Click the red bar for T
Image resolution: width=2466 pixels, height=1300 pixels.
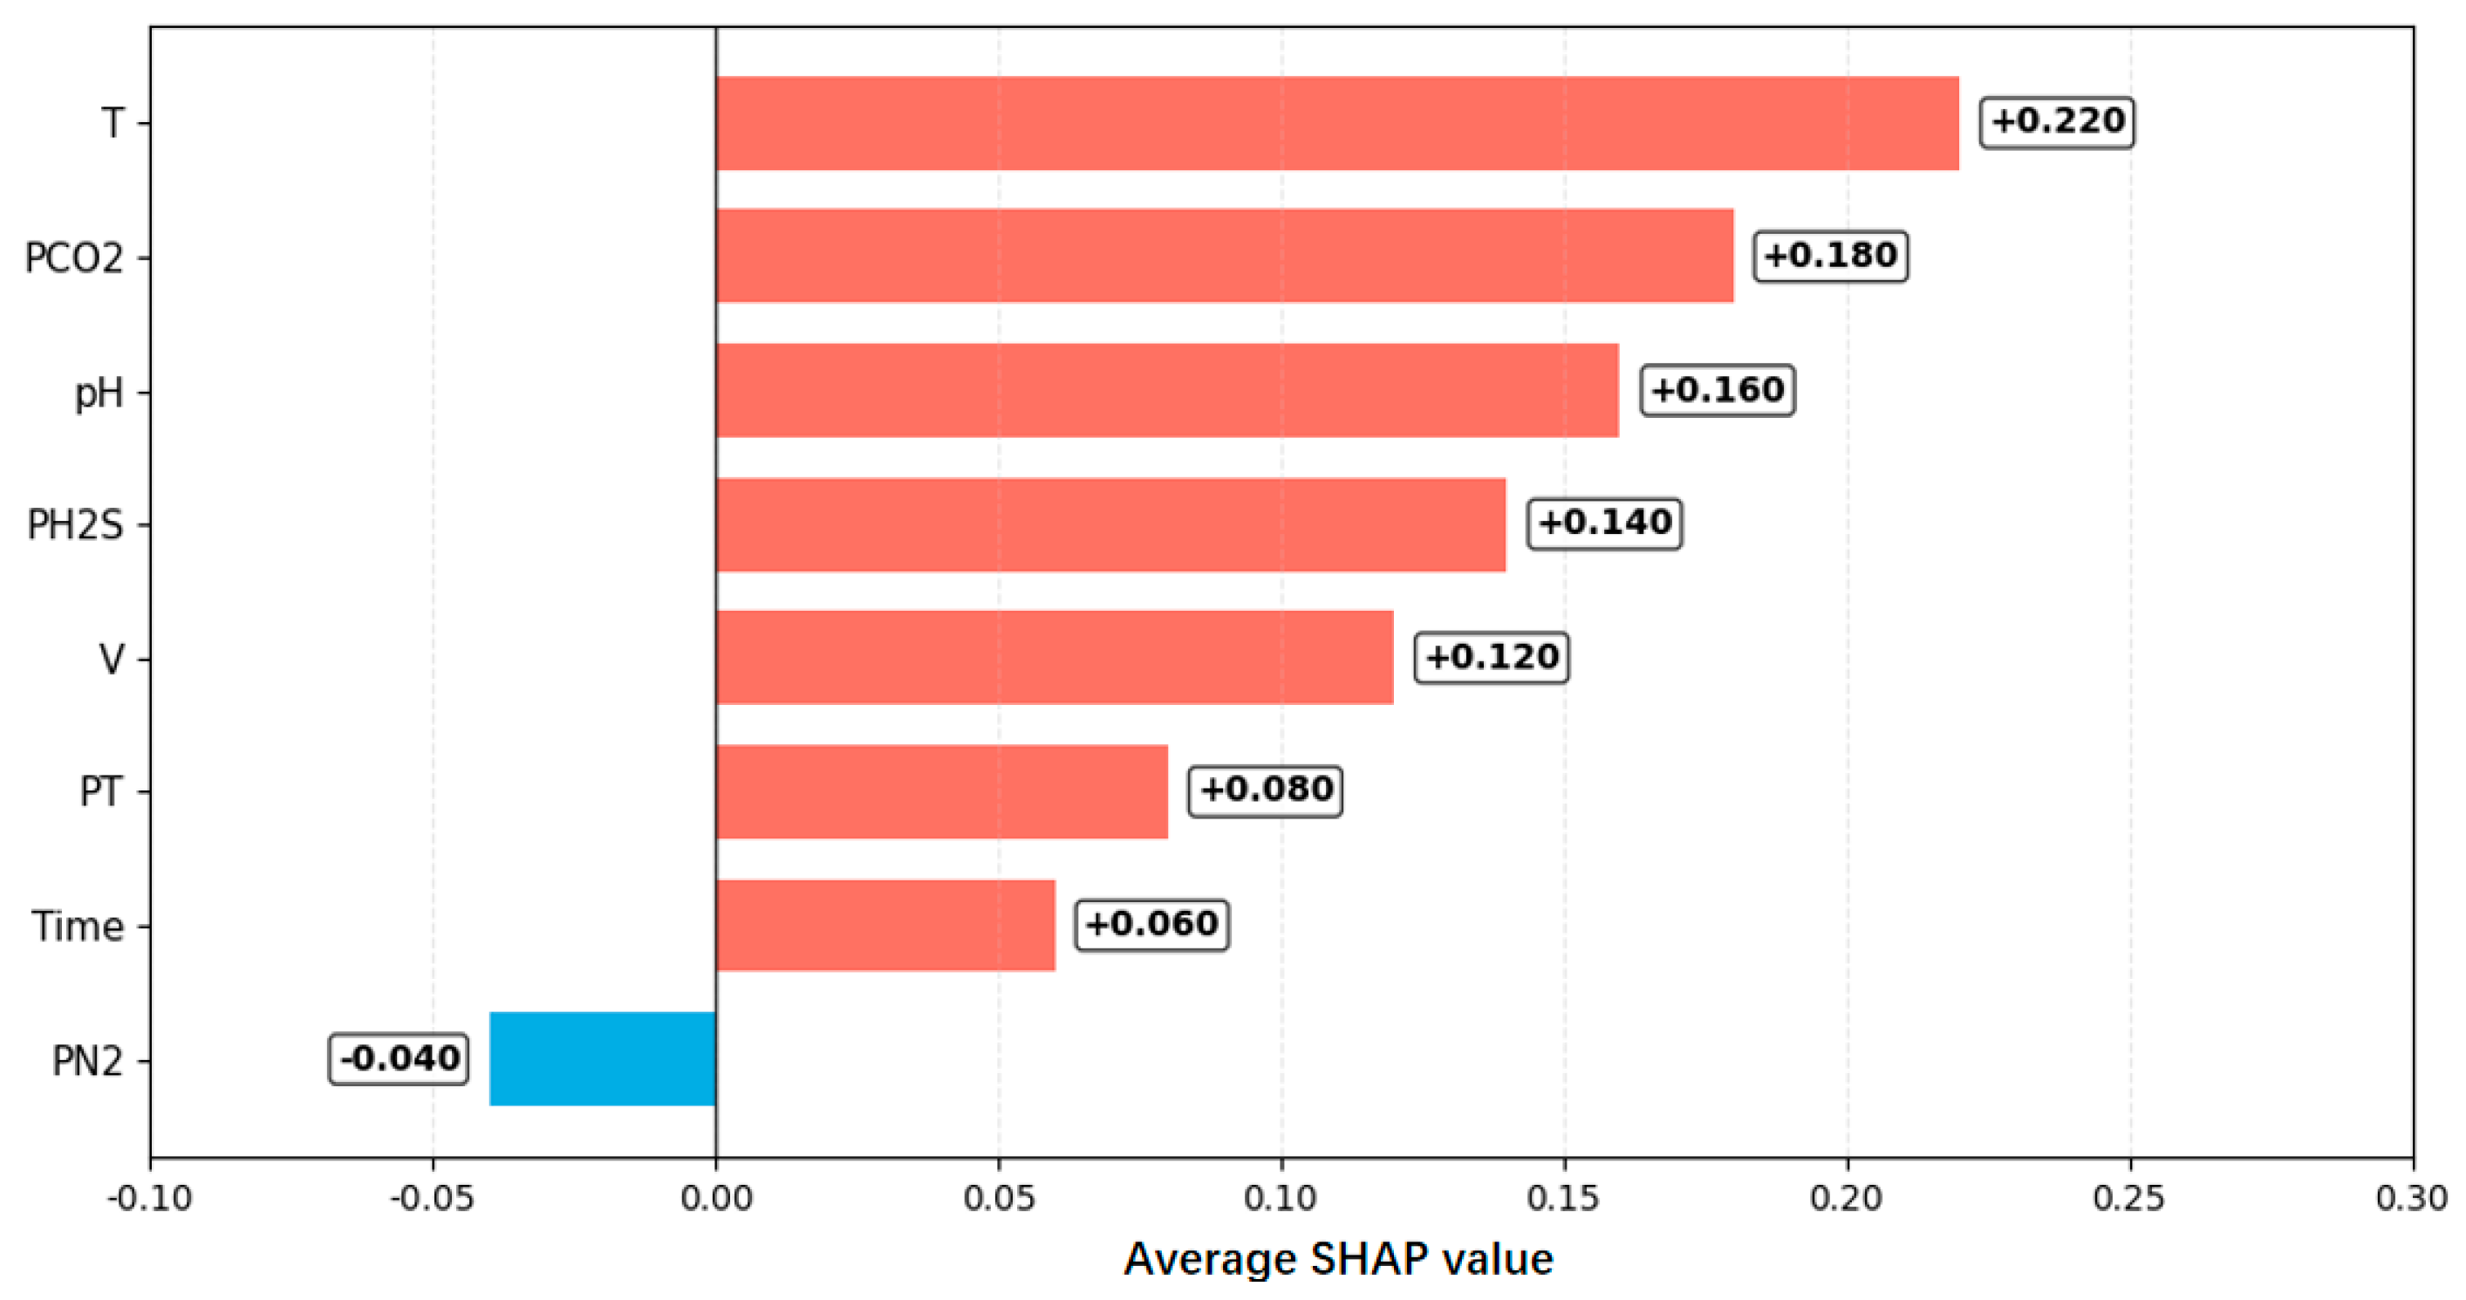click(x=1337, y=124)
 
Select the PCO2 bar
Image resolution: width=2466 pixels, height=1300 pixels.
click(x=1225, y=256)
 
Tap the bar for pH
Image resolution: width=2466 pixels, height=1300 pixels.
click(x=1167, y=391)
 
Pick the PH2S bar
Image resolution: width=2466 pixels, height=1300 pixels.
click(x=1110, y=524)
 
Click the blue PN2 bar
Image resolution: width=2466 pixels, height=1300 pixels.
click(x=602, y=1059)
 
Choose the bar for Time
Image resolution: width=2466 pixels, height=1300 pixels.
click(x=885, y=925)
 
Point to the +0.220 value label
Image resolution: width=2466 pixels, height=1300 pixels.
click(x=2057, y=121)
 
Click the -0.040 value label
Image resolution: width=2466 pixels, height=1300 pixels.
click(x=400, y=1059)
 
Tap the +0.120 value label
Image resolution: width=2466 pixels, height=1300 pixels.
click(x=1492, y=657)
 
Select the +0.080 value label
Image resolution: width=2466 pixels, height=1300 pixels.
click(x=1266, y=790)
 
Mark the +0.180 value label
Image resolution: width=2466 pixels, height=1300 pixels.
click(x=1830, y=256)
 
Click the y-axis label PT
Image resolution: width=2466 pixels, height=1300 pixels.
click(x=101, y=791)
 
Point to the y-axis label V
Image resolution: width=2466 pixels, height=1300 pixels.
click(x=112, y=660)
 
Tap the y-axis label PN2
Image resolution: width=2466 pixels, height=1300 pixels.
click(x=88, y=1062)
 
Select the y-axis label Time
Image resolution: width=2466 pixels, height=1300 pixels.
click(x=78, y=927)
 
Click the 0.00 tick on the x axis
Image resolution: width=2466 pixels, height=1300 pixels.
click(x=716, y=1198)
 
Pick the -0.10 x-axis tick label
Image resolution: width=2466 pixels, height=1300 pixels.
click(x=149, y=1198)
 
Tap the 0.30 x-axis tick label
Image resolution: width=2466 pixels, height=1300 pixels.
click(x=2413, y=1198)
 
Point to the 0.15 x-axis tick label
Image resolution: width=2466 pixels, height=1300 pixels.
click(x=1564, y=1198)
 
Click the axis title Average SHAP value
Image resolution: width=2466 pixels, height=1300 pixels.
click(x=1338, y=1260)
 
